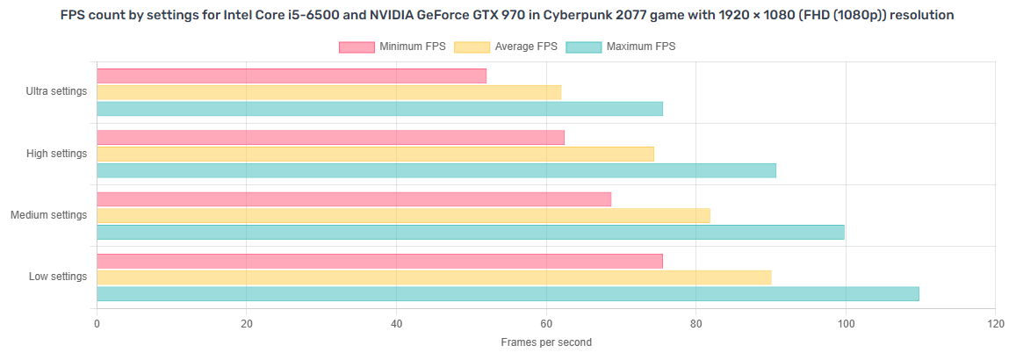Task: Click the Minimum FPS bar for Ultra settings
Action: coord(291,76)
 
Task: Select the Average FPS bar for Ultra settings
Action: coord(328,92)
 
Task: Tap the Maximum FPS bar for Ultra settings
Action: coord(379,109)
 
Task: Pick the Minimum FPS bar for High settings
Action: coord(330,138)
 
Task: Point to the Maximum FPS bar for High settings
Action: coord(436,170)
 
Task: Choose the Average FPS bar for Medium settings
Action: coord(403,215)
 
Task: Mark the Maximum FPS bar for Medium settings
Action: coord(470,232)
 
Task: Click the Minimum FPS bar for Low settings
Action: coord(379,261)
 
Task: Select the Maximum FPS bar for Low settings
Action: coord(508,293)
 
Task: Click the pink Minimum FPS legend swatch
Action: coord(357,47)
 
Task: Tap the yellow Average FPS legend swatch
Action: coord(472,47)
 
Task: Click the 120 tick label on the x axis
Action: coord(995,323)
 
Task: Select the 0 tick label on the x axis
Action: coord(97,323)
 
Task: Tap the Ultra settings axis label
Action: coord(57,91)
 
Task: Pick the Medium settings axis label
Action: coord(48,215)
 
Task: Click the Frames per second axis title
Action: coord(546,342)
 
